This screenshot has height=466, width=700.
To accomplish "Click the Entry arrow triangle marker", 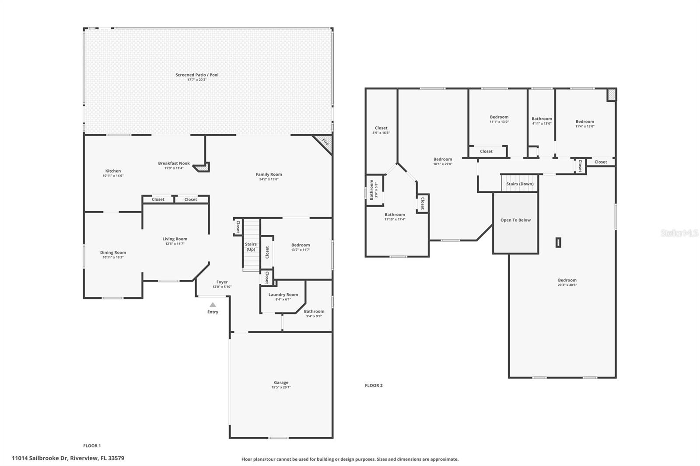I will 213,305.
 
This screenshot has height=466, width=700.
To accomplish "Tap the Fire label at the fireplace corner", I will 325,142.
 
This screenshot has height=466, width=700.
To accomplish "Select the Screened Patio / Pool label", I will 197,75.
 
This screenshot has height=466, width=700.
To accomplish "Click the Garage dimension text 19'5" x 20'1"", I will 281,387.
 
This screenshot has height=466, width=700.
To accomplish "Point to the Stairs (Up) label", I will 251,247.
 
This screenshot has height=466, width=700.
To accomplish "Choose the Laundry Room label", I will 283,295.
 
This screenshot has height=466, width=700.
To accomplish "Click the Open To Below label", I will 515,220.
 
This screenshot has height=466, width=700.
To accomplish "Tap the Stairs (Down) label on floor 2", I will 520,184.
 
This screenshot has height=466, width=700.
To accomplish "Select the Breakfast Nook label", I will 174,163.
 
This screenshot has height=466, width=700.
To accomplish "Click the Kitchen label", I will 113,171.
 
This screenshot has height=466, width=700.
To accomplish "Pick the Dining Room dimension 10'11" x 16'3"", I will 113,257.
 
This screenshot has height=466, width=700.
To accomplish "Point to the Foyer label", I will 222,282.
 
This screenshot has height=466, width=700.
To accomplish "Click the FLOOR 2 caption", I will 374,386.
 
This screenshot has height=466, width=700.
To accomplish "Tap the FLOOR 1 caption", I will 92,446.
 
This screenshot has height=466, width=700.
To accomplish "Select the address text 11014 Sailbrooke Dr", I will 39,459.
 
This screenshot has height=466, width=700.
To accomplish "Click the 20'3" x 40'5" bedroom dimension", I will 567,285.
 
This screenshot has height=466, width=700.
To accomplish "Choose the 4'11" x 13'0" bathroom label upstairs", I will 542,124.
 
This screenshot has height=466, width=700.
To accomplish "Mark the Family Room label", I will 269,174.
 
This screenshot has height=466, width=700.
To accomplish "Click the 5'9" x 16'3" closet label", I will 381,133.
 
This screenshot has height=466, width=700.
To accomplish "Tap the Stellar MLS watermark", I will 679,233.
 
